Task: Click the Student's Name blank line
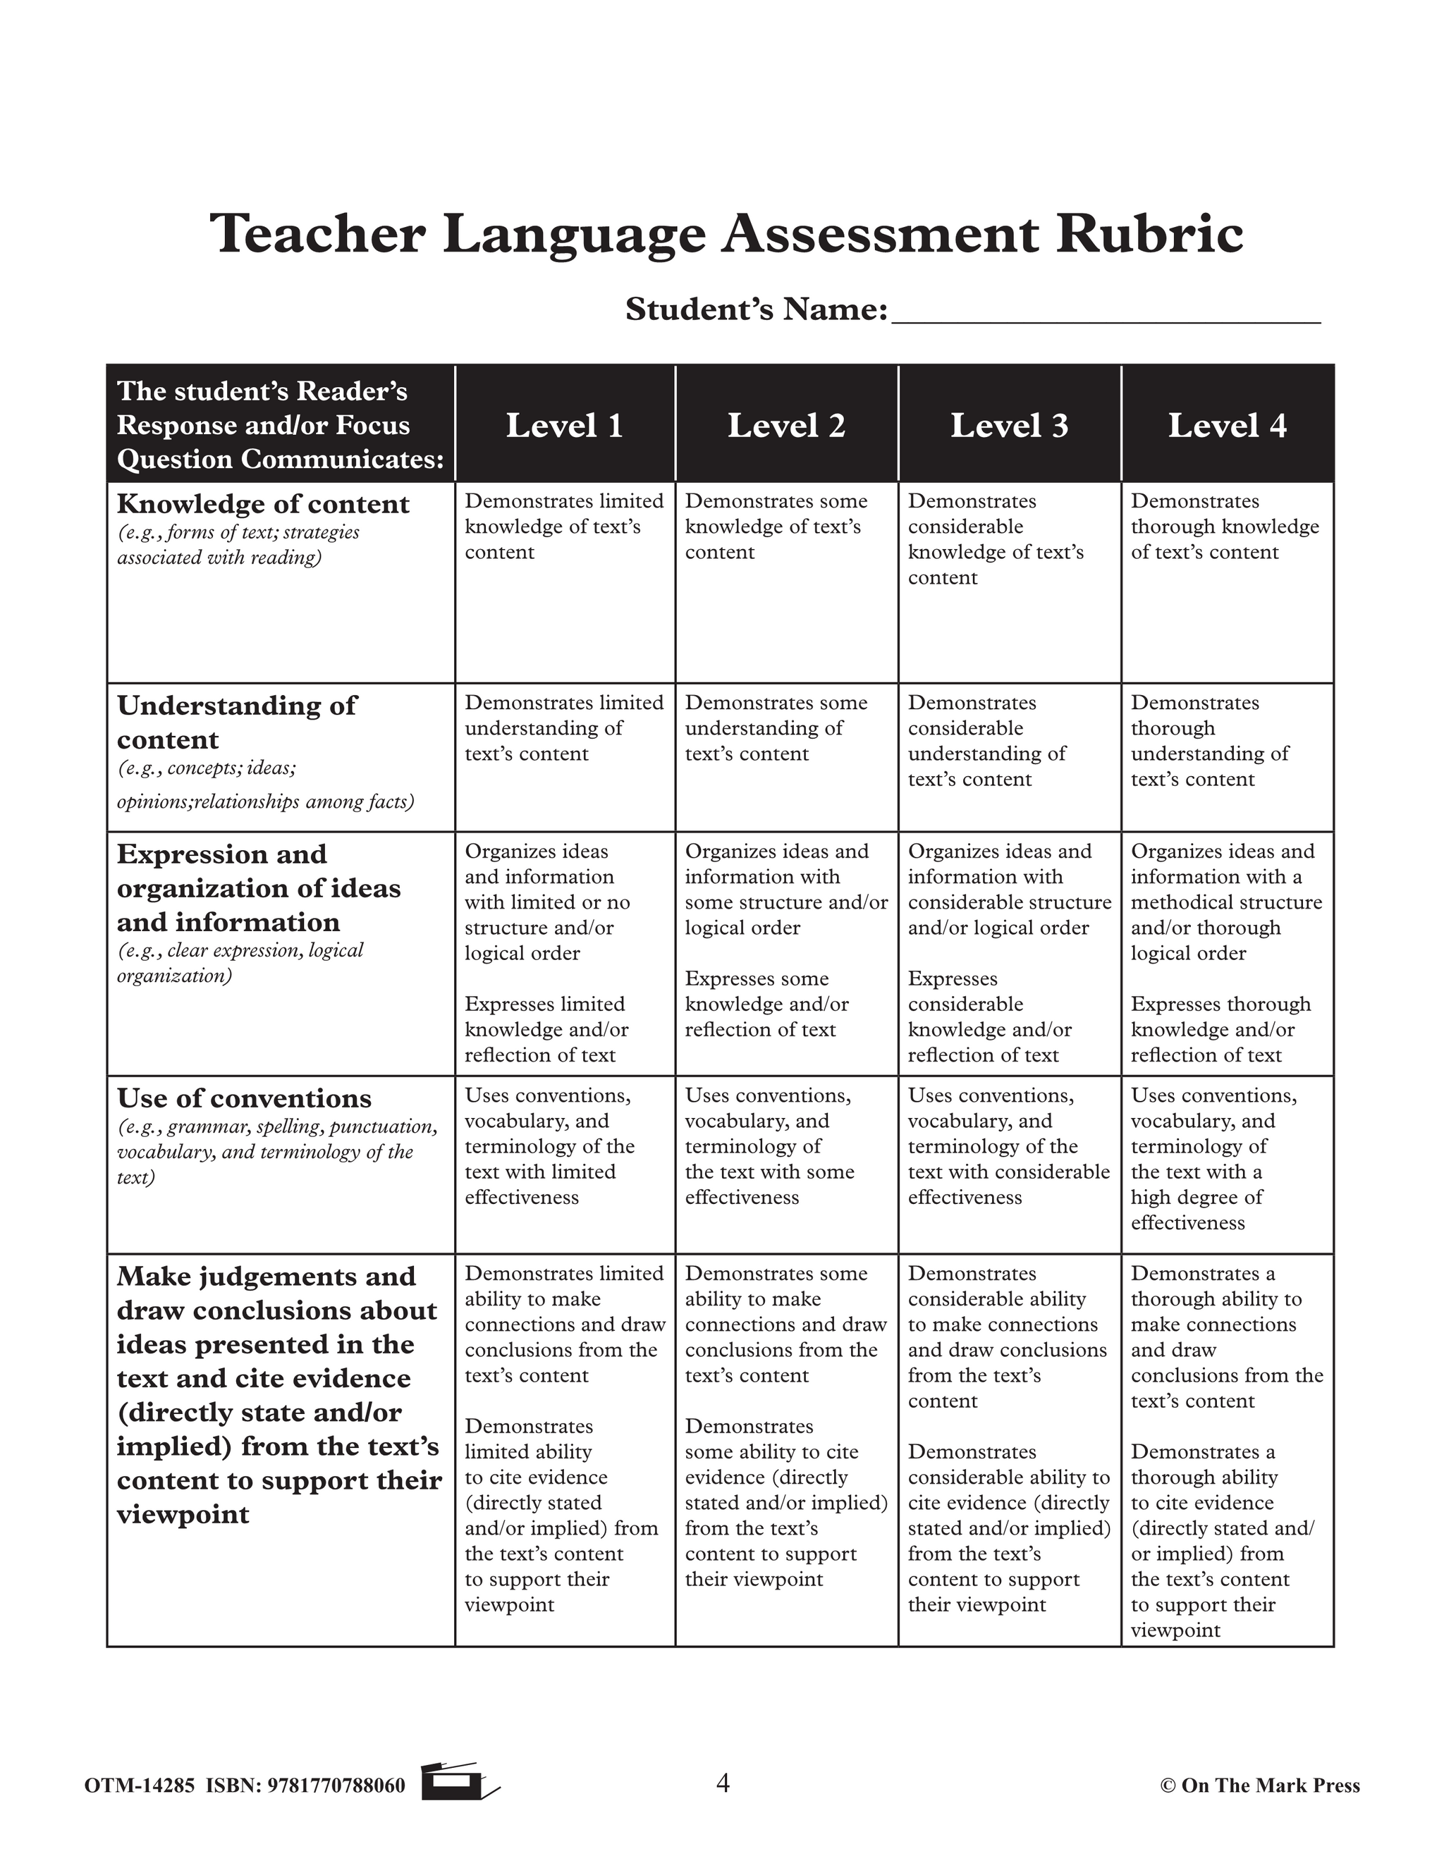click(1106, 315)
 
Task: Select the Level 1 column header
click(564, 425)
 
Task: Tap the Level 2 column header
click(786, 425)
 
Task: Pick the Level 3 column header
click(1010, 425)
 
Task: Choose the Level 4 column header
click(1228, 425)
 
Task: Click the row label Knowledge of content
click(262, 504)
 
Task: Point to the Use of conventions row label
click(244, 1098)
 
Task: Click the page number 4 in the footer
click(723, 1783)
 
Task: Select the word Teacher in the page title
click(317, 233)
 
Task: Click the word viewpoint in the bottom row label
click(183, 1514)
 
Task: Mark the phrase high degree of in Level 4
click(1196, 1198)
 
